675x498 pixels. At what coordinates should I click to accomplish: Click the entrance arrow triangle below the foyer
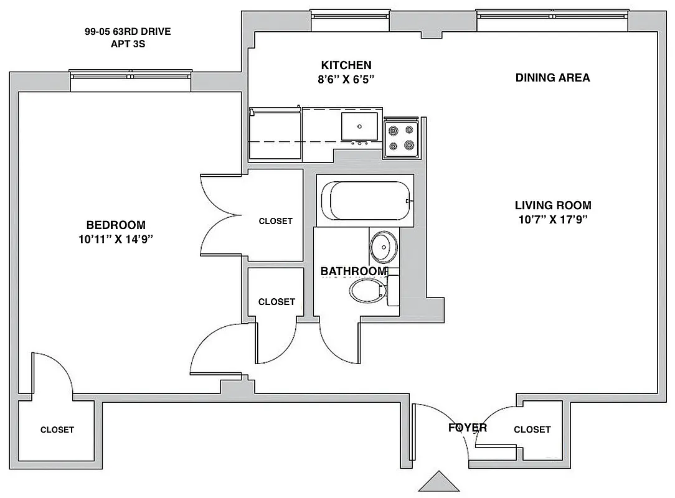point(440,482)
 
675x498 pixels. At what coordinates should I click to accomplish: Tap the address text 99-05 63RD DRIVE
point(128,32)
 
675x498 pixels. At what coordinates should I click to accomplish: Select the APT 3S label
point(128,44)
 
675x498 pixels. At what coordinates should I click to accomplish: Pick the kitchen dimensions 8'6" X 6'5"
point(346,79)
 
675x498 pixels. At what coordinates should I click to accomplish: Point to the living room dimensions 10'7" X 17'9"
point(553,219)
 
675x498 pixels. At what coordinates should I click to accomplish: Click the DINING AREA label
point(553,78)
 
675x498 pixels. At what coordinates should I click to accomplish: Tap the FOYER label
point(468,428)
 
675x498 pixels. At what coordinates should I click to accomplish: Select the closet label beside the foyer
point(532,430)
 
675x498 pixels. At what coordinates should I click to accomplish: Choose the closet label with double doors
point(275,221)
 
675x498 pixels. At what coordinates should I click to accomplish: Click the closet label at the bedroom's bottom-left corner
point(57,430)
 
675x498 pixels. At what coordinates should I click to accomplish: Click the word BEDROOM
point(116,225)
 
